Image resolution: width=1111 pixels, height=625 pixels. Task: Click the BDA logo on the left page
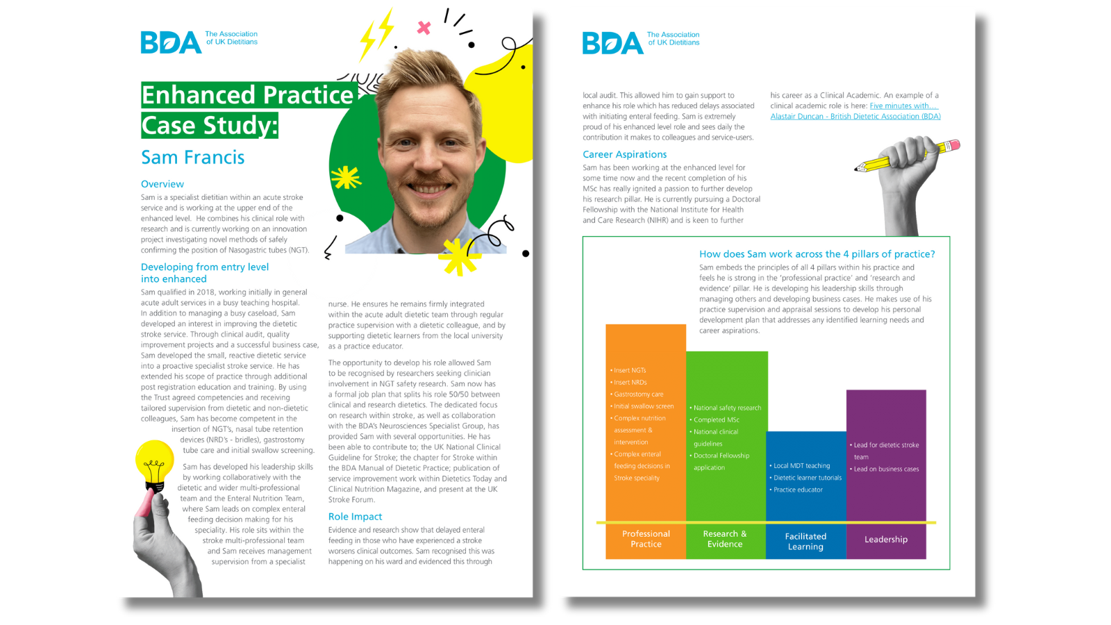171,42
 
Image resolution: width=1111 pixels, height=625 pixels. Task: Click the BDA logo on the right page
612,43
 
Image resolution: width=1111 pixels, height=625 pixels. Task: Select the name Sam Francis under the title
193,158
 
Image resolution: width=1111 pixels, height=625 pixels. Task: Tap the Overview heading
162,184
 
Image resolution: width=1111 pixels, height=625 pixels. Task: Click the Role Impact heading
355,517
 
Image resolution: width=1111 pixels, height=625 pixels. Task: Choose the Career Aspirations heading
624,154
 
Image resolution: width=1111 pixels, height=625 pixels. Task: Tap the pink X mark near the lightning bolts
424,28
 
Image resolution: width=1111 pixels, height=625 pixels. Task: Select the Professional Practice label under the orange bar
646,539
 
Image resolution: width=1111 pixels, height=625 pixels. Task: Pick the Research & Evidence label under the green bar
725,539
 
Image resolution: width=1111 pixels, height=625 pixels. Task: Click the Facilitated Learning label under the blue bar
805,542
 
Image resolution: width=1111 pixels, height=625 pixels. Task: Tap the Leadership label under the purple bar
885,540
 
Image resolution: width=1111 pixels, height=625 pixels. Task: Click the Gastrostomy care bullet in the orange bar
638,394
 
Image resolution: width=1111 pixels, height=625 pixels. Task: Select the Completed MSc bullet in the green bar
716,420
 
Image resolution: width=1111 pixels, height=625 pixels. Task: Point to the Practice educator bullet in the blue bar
798,490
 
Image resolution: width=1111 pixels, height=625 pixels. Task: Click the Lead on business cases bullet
886,469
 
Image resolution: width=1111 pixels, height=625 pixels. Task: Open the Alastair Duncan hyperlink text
855,117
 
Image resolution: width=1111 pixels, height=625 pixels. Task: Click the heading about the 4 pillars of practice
817,254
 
